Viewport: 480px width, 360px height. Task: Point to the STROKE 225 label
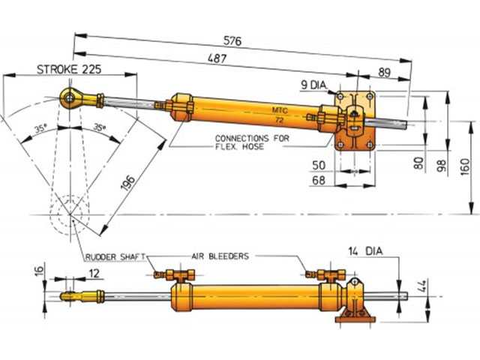pyautogui.click(x=70, y=70)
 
